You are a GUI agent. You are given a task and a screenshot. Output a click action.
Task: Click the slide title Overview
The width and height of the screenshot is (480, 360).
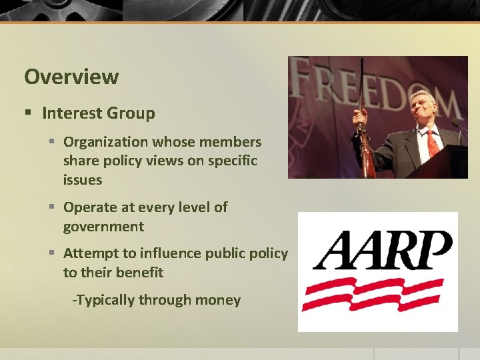pos(71,77)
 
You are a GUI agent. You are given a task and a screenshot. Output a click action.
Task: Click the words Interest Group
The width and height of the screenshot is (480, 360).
pos(98,113)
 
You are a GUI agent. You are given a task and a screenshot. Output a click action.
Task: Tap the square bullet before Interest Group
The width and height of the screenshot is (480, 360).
pos(28,113)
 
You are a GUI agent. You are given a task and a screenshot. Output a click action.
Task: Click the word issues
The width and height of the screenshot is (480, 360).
pos(82,180)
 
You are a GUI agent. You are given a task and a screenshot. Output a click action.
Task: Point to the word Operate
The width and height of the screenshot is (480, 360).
pos(90,207)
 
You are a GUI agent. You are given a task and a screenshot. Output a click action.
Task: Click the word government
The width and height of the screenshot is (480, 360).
pos(103,227)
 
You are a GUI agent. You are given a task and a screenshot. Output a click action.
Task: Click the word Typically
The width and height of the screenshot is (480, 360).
pos(105,300)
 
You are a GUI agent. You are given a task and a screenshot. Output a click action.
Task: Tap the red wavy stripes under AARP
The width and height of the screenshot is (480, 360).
pos(373,294)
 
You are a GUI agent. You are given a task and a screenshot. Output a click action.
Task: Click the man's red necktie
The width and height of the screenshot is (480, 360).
pos(431,141)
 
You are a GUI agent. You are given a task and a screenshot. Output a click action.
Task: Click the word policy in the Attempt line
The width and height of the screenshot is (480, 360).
pos(266,253)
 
